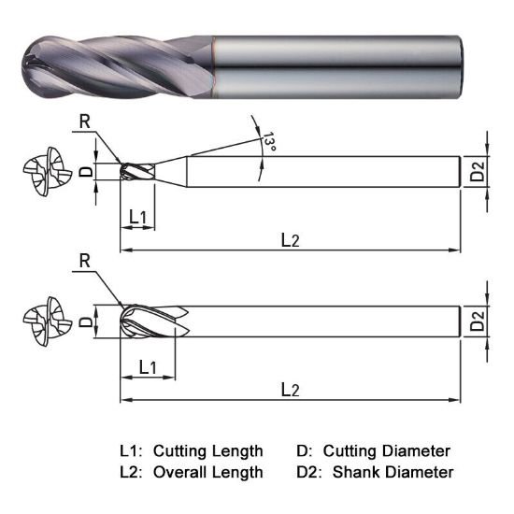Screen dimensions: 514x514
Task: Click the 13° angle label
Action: tap(270, 143)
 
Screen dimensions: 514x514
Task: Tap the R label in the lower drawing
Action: tap(84, 262)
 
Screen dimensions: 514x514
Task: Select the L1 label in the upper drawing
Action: tap(137, 217)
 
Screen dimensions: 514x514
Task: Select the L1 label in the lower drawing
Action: tap(147, 366)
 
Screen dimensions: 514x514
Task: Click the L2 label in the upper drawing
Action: tap(291, 239)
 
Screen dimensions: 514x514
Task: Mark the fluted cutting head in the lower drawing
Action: tap(150, 323)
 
